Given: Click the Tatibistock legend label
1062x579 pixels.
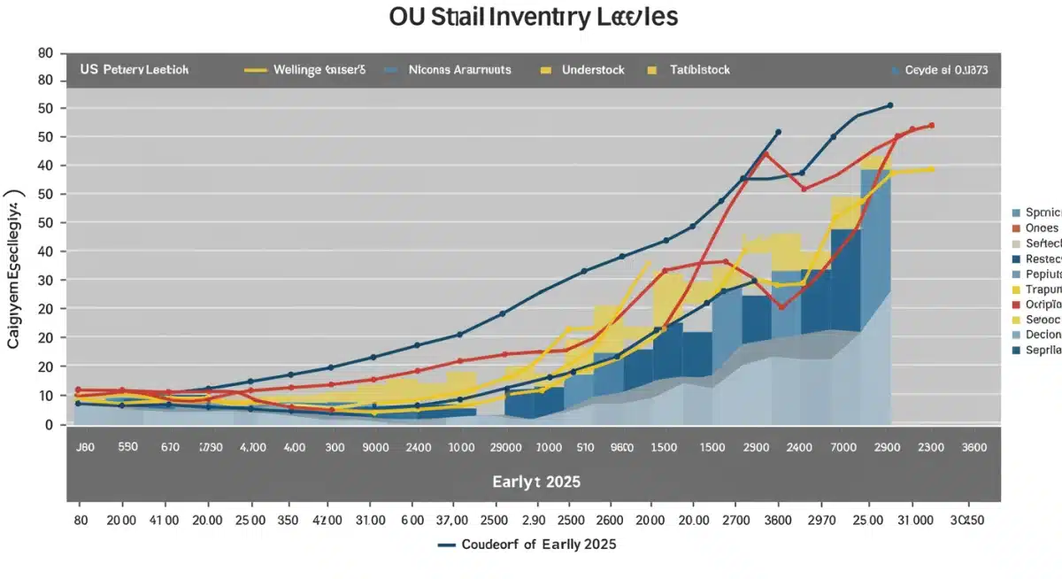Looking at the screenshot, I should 699,69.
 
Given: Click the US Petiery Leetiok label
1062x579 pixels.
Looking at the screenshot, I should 134,69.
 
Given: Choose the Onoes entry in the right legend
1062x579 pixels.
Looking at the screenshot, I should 1042,228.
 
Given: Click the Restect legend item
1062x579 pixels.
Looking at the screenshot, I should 1043,259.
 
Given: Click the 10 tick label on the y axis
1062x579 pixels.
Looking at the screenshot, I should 47,396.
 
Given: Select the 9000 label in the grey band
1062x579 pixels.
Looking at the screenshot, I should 376,448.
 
